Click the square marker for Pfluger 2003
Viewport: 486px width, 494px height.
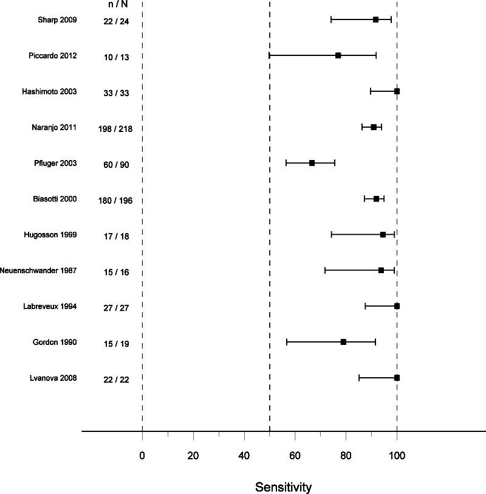point(312,163)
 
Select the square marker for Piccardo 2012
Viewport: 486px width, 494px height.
point(338,55)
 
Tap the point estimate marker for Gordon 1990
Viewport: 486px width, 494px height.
point(343,342)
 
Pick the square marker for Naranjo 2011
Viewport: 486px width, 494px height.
point(374,127)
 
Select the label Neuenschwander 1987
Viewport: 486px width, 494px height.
point(38,271)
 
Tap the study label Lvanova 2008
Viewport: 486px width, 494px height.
point(53,378)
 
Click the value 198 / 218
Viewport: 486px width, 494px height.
point(116,129)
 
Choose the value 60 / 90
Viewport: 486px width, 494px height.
point(116,165)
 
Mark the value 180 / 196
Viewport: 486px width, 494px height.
point(116,201)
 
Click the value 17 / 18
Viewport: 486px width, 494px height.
point(116,237)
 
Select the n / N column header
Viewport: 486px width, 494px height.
point(116,4)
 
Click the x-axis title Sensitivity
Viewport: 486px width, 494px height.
point(283,487)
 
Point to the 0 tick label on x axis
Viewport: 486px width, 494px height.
point(142,454)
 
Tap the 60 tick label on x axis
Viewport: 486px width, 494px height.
point(295,454)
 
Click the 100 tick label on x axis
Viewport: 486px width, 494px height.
point(397,454)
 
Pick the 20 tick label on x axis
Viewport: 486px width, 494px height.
point(193,454)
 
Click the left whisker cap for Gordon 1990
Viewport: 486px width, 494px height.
point(287,342)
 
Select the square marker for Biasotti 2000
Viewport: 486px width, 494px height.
point(376,199)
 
